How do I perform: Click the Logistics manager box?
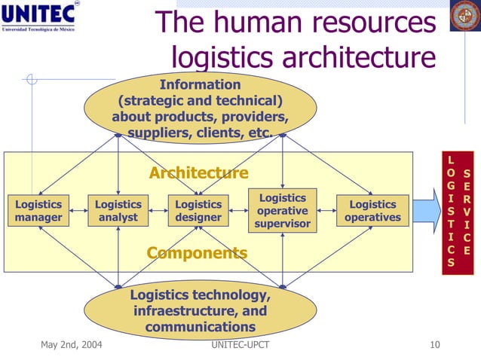click(38, 211)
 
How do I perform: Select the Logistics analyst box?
click(118, 211)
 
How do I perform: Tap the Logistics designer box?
click(198, 211)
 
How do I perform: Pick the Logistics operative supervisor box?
click(283, 211)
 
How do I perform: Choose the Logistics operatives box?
click(372, 211)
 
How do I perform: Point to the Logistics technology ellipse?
click(200, 310)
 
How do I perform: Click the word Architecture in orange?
click(198, 173)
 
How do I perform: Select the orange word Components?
click(197, 253)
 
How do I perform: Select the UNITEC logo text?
click(43, 15)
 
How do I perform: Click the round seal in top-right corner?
click(465, 17)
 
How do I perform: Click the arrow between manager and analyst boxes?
click(78, 212)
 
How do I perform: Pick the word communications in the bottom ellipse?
click(200, 327)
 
